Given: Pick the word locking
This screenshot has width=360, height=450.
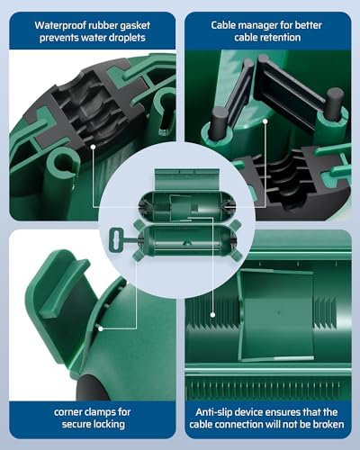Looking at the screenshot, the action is coord(109,425).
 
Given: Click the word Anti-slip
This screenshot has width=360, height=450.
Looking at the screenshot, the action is coord(214,412).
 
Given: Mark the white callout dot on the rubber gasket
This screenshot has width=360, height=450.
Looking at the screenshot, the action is coord(93,147).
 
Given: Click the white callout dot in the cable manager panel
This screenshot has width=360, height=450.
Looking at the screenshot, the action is coord(265,121).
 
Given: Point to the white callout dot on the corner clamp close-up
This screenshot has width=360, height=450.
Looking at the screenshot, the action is coord(101,328).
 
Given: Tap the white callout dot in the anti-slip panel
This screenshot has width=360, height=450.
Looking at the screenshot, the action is coord(212,315).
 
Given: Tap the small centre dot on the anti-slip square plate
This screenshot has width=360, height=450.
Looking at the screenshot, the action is coord(279,313).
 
